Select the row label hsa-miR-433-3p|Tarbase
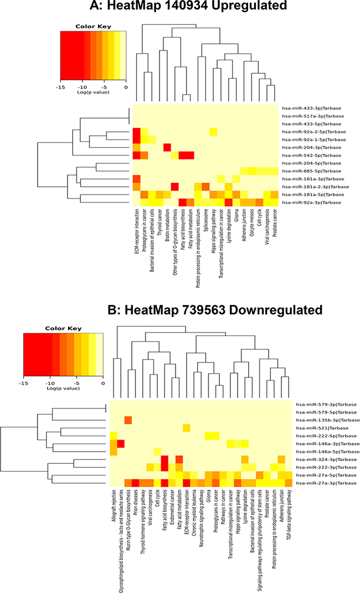pyautogui.click(x=312, y=108)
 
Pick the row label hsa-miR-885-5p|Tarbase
pyautogui.click(x=312, y=171)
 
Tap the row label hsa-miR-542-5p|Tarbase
pyautogui.click(x=312, y=155)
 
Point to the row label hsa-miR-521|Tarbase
pyautogui.click(x=322, y=428)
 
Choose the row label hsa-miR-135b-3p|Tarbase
pyautogui.click(x=328, y=420)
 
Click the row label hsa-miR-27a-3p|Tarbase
pyautogui.click(x=326, y=483)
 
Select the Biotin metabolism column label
pyautogui.click(x=167, y=225)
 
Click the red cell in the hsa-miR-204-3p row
pyautogui.click(x=167, y=147)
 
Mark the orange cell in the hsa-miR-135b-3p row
pyautogui.click(x=128, y=420)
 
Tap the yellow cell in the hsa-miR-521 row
pyautogui.click(x=187, y=428)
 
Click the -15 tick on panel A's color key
pyautogui.click(x=60, y=88)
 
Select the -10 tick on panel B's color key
pyautogui.click(x=50, y=384)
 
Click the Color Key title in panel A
pyautogui.click(x=93, y=27)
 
